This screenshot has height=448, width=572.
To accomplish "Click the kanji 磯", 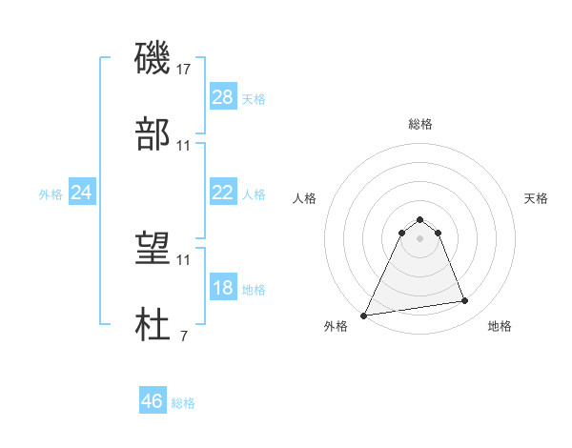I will (153, 58).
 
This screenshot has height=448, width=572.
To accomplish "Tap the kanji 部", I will (153, 134).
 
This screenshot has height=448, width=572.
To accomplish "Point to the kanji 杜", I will (153, 325).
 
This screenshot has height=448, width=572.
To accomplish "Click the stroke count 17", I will (184, 69).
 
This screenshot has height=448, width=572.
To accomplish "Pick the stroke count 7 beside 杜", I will (184, 336).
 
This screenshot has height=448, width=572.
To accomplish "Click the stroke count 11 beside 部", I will (184, 145).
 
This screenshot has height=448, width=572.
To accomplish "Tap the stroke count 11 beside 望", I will (184, 259).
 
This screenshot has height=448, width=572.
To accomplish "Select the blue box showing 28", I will (223, 97).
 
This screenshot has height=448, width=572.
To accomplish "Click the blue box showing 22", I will (223, 193).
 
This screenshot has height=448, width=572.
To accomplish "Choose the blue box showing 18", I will (223, 288).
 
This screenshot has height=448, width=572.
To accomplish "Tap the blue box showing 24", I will (82, 193).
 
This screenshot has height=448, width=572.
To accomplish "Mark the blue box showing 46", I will (153, 401).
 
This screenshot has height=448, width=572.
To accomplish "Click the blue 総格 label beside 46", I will (183, 403).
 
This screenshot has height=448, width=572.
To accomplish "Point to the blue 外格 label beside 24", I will (51, 193).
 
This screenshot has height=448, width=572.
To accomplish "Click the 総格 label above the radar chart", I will (420, 124).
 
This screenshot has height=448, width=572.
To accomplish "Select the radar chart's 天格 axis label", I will (537, 198).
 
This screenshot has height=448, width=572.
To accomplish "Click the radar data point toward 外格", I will (364, 316).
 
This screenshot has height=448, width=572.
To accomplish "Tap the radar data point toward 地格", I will (465, 301).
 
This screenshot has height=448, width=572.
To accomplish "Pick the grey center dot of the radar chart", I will (420, 238).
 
